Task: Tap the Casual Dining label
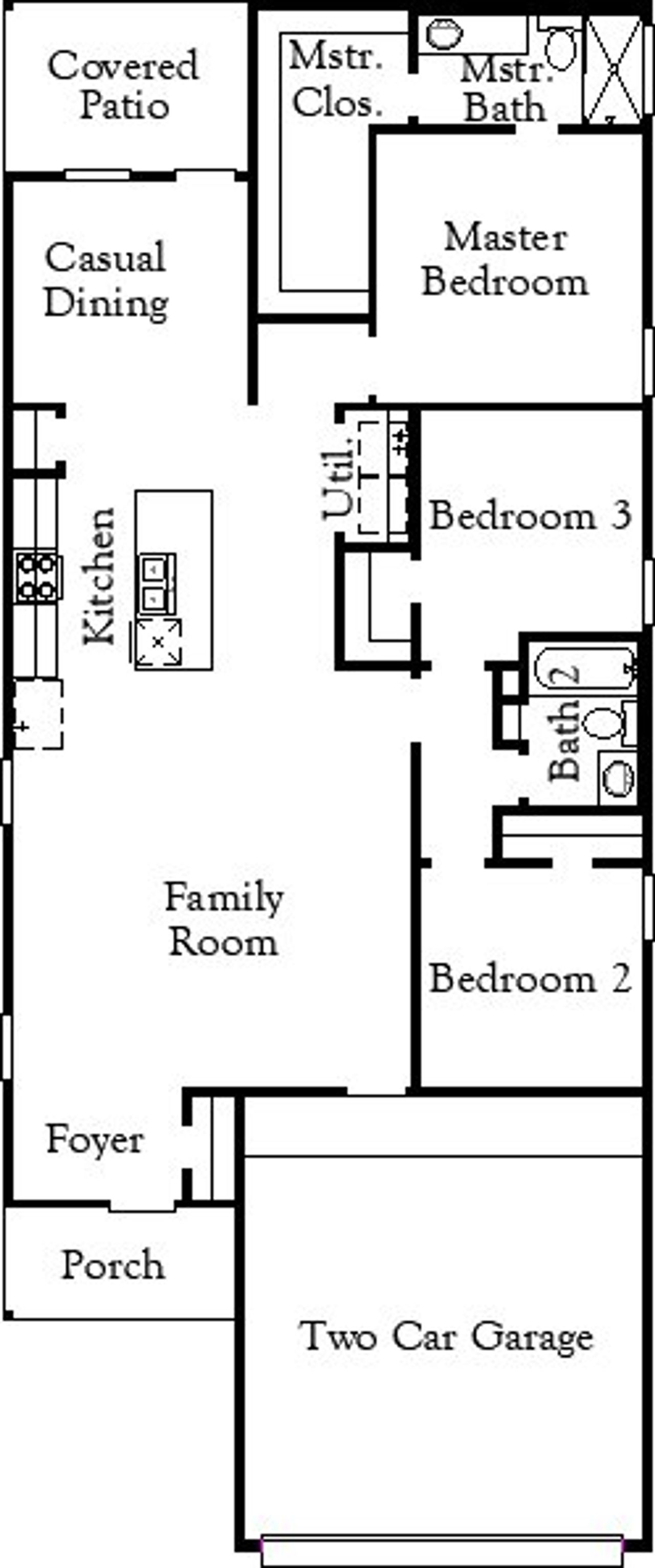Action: [x=106, y=279]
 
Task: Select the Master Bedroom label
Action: [x=505, y=259]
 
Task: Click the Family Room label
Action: [x=224, y=920]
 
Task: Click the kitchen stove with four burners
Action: [x=38, y=577]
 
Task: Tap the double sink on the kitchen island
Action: [x=158, y=583]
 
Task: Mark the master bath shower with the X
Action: [x=613, y=68]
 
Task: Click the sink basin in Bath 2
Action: [x=617, y=778]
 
